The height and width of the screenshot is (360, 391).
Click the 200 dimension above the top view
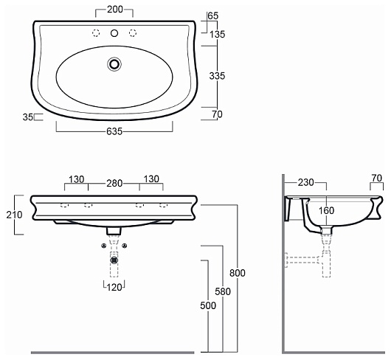click(x=115, y=10)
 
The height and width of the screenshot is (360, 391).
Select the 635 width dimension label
click(x=114, y=131)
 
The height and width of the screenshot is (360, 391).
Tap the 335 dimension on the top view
click(x=217, y=76)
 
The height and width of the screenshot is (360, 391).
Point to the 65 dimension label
click(x=213, y=15)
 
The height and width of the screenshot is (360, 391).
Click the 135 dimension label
click(x=217, y=35)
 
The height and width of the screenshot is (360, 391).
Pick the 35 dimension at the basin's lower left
click(x=28, y=117)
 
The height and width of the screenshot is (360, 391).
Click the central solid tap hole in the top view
click(x=114, y=33)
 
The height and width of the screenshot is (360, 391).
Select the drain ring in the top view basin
click(x=114, y=64)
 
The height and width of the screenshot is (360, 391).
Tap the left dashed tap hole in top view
click(x=96, y=33)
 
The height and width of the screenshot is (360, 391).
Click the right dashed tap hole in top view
click(x=133, y=33)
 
